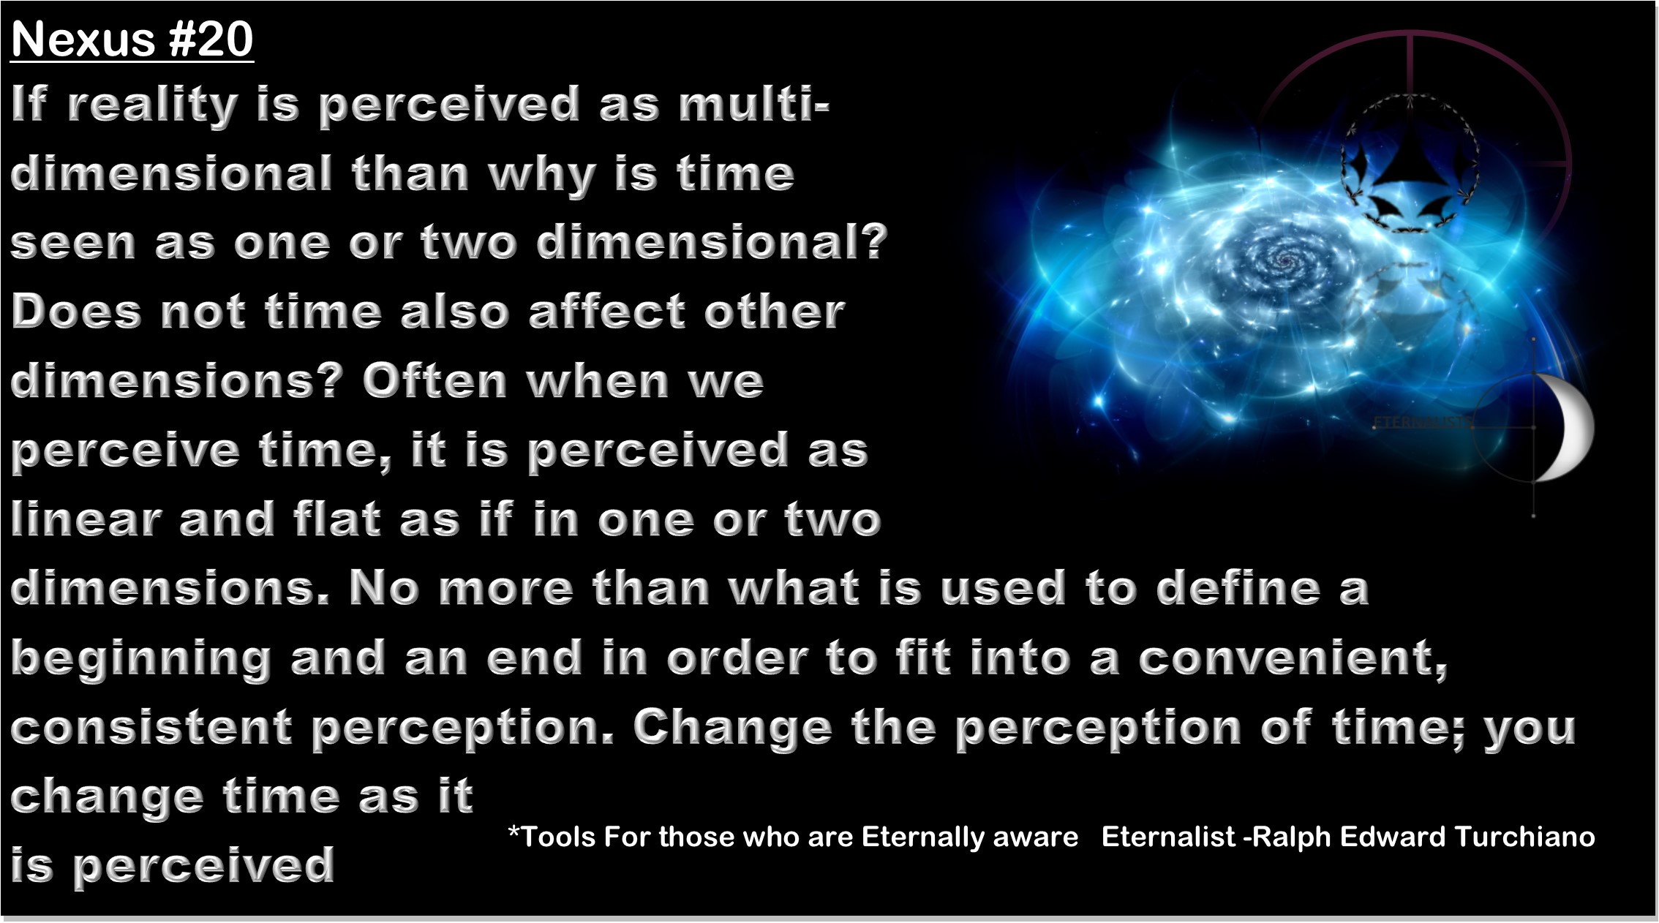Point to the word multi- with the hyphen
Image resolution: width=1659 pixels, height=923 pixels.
click(753, 104)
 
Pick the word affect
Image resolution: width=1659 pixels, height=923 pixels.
click(607, 311)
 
